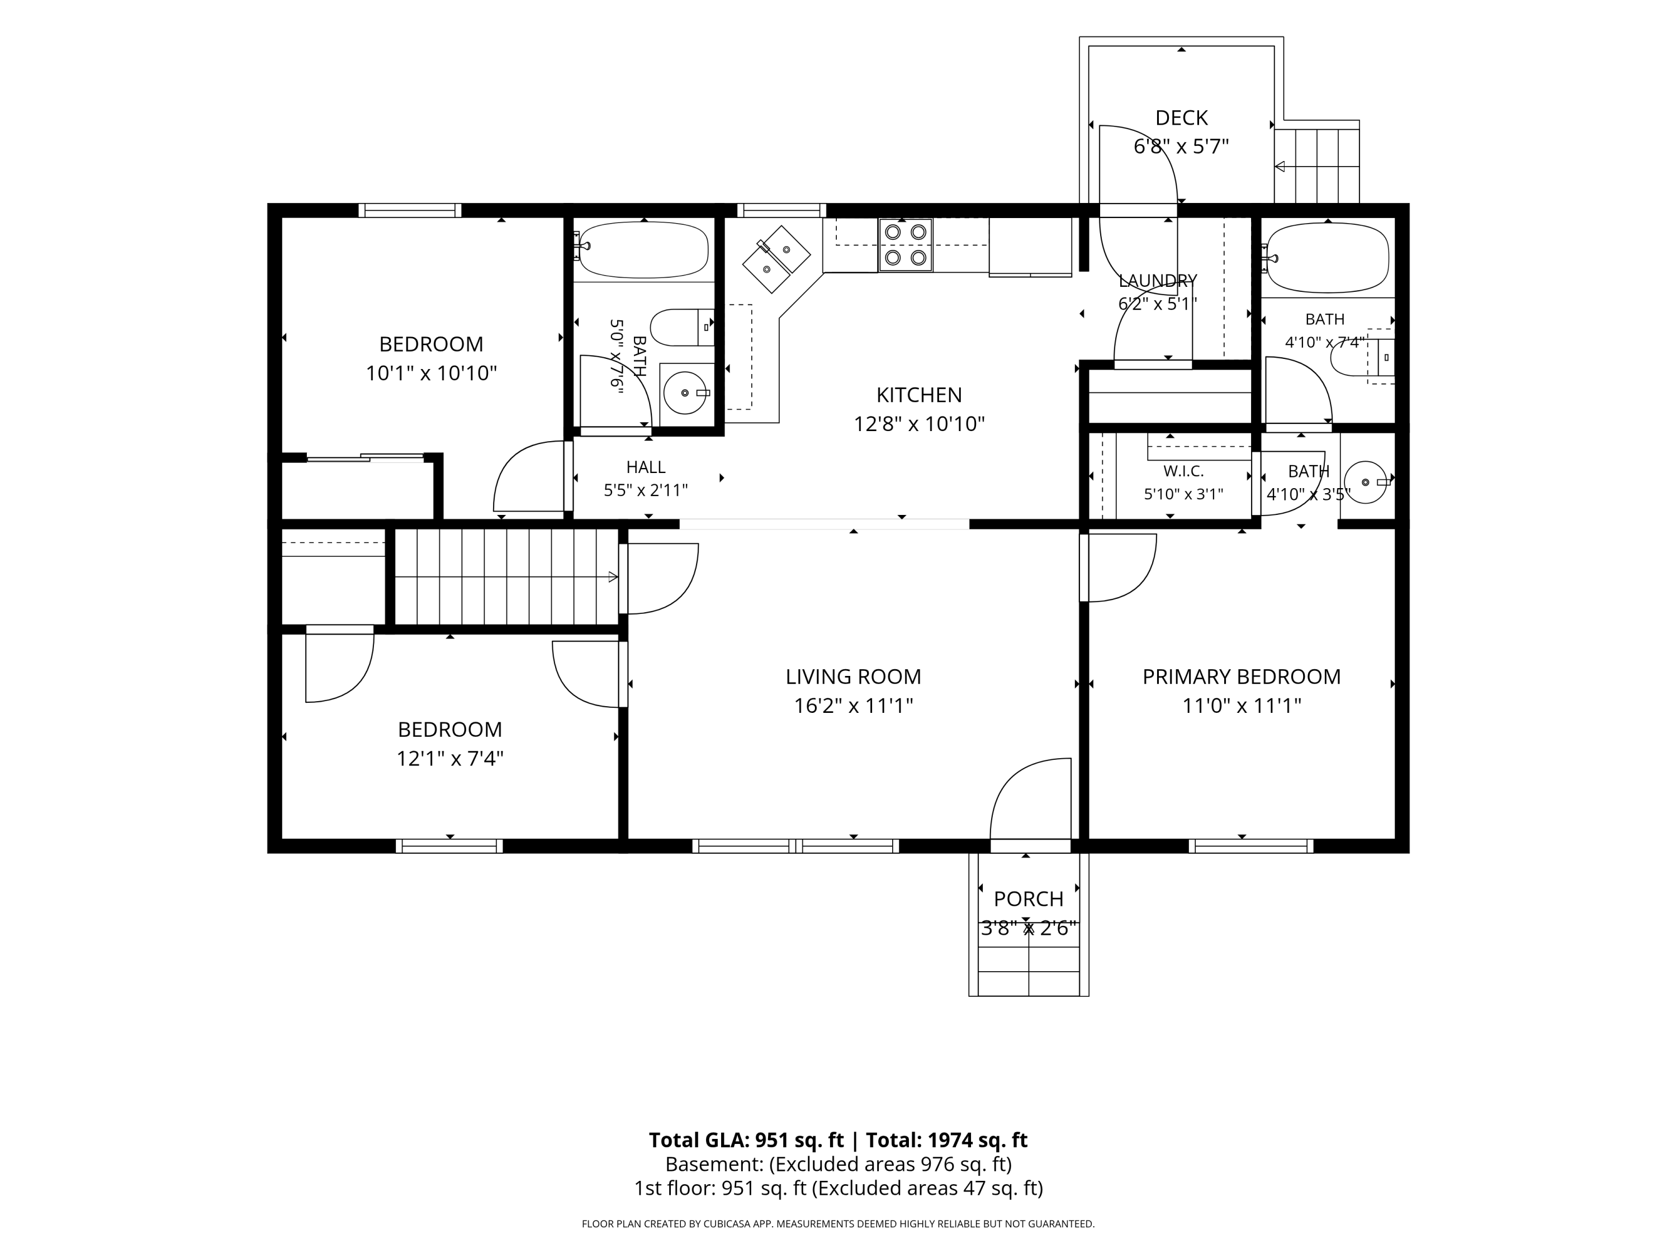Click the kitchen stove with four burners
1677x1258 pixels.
905,245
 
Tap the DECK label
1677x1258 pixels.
1181,119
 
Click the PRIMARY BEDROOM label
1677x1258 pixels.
1241,677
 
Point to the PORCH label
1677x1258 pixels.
1028,898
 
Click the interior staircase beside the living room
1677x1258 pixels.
506,577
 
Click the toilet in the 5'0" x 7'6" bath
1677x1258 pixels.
681,328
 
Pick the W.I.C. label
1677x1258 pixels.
1183,471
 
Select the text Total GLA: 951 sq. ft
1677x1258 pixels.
746,1139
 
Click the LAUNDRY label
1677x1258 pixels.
1158,281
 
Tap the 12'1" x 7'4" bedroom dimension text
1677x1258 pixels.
449,758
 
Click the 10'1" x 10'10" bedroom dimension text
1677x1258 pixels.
432,373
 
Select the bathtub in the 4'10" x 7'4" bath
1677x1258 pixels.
1327,258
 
